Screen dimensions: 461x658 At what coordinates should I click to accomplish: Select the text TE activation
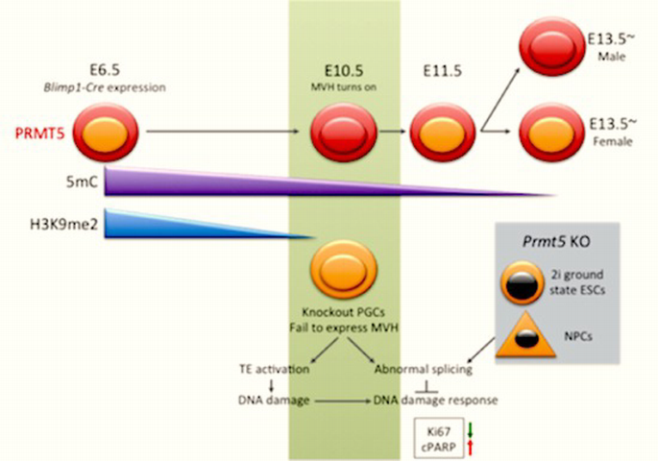coord(273,367)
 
